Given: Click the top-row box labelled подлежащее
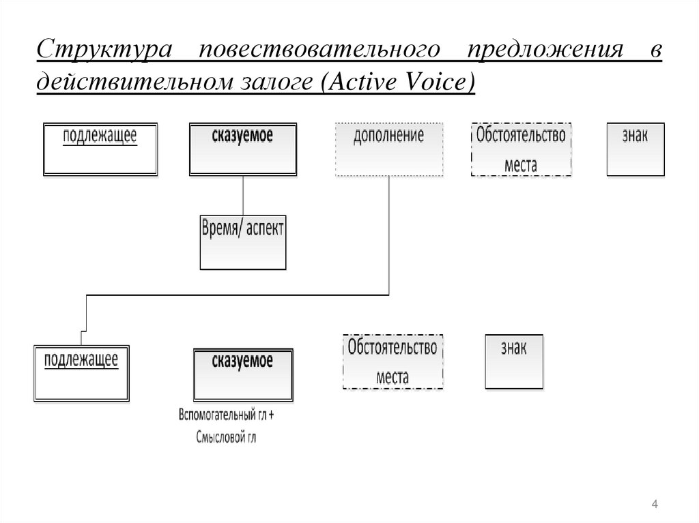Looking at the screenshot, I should [x=100, y=149].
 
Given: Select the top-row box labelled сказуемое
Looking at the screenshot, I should [x=243, y=149].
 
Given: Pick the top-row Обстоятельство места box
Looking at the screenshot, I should [x=521, y=149].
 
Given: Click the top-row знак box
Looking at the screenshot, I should [x=635, y=149].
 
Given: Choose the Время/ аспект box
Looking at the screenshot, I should [x=243, y=242].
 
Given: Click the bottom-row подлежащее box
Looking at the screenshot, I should [x=81, y=372].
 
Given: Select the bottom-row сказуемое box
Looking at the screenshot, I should [x=243, y=374].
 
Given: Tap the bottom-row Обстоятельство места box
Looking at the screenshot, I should [x=392, y=361].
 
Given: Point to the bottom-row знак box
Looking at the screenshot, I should [x=514, y=361].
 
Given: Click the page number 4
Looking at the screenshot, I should [x=655, y=504].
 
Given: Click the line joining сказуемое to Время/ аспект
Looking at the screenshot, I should [x=243, y=196].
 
